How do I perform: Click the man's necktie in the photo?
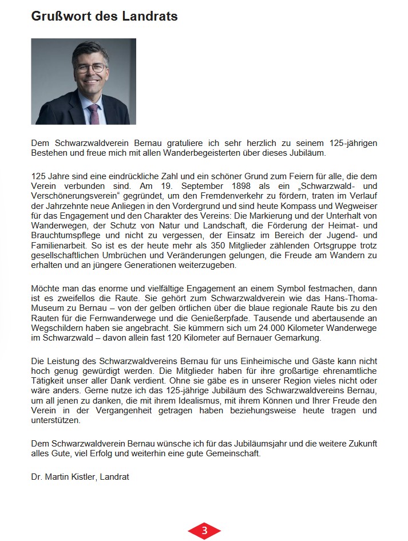point(93,113)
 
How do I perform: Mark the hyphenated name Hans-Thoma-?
point(350,298)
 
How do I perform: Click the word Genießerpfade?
point(232,318)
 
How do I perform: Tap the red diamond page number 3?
point(204,531)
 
